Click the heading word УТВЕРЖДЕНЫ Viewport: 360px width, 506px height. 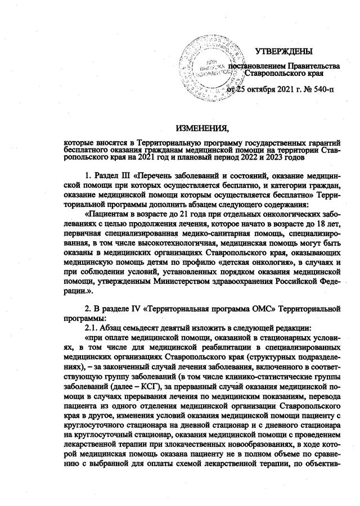(283, 52)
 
